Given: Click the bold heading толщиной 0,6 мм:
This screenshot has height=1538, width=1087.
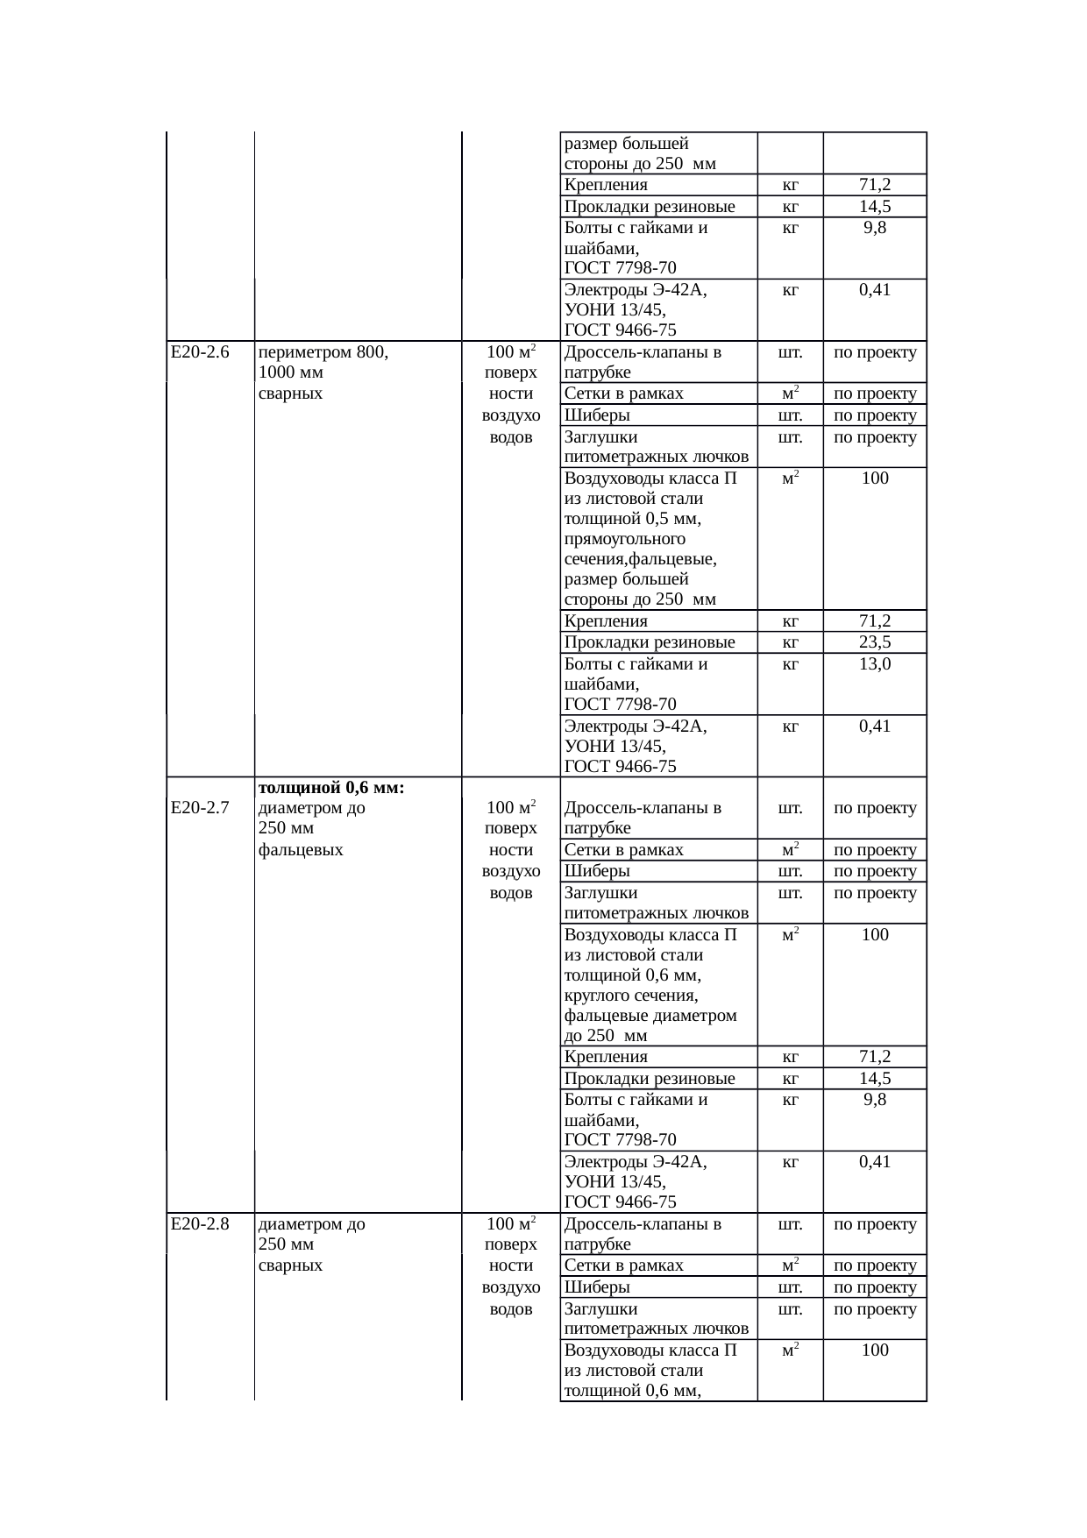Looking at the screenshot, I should point(331,788).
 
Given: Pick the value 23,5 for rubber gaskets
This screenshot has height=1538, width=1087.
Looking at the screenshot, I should point(875,642).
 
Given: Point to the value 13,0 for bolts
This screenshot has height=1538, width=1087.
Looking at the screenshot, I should point(875,664).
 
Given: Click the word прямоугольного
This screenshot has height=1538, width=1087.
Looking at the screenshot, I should point(625,539).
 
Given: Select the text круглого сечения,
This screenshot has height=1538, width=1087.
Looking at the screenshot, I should point(631,996).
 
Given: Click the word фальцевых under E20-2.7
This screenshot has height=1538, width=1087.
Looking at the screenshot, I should point(301,849).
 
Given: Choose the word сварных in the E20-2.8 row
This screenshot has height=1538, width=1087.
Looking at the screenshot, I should point(291,1265).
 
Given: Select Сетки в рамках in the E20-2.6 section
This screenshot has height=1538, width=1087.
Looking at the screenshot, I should point(624,393).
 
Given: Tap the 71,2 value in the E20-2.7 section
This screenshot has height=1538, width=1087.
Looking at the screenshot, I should point(875,1057).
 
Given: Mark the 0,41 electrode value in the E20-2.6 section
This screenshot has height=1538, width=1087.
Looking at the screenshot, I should point(875,726).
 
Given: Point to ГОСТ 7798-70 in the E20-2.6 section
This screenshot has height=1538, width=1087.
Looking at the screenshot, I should point(621,705).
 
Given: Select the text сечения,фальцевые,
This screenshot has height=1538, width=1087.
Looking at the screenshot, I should point(641,559).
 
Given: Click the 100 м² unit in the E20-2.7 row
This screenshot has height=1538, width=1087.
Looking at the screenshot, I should point(511,808).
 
